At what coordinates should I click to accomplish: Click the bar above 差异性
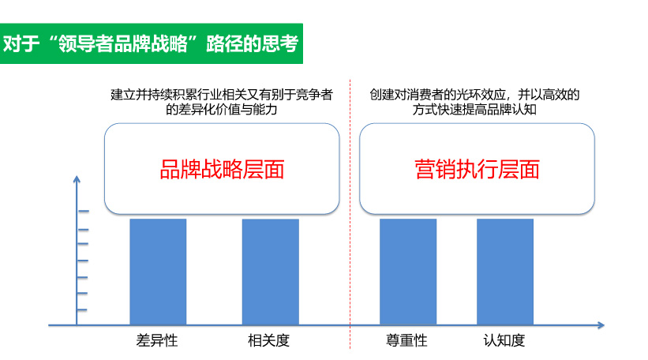click(x=158, y=272)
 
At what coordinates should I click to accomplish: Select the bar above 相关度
click(x=270, y=272)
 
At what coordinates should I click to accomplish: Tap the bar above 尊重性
click(x=408, y=272)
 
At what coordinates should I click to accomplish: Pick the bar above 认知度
click(x=505, y=272)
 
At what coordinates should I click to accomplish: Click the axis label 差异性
click(x=157, y=340)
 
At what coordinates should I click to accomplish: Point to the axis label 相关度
click(x=268, y=340)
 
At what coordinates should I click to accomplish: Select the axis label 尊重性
click(x=406, y=340)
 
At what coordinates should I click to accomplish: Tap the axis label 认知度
click(x=504, y=340)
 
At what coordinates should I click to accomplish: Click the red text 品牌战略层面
click(x=222, y=170)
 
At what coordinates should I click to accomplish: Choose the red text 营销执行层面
click(x=478, y=170)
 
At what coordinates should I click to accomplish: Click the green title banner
click(x=152, y=43)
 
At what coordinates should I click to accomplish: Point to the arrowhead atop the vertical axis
click(x=77, y=179)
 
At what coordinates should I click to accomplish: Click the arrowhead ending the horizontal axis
click(x=601, y=325)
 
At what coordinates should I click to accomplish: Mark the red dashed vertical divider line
click(x=350, y=214)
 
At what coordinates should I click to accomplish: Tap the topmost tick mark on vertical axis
click(x=83, y=212)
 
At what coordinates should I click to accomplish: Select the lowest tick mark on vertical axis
click(x=82, y=309)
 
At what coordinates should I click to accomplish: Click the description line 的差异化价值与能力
click(x=222, y=110)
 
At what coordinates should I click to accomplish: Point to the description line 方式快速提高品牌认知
click(x=474, y=110)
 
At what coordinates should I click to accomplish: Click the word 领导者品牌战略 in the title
click(x=123, y=43)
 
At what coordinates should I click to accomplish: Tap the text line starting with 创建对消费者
click(x=474, y=95)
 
